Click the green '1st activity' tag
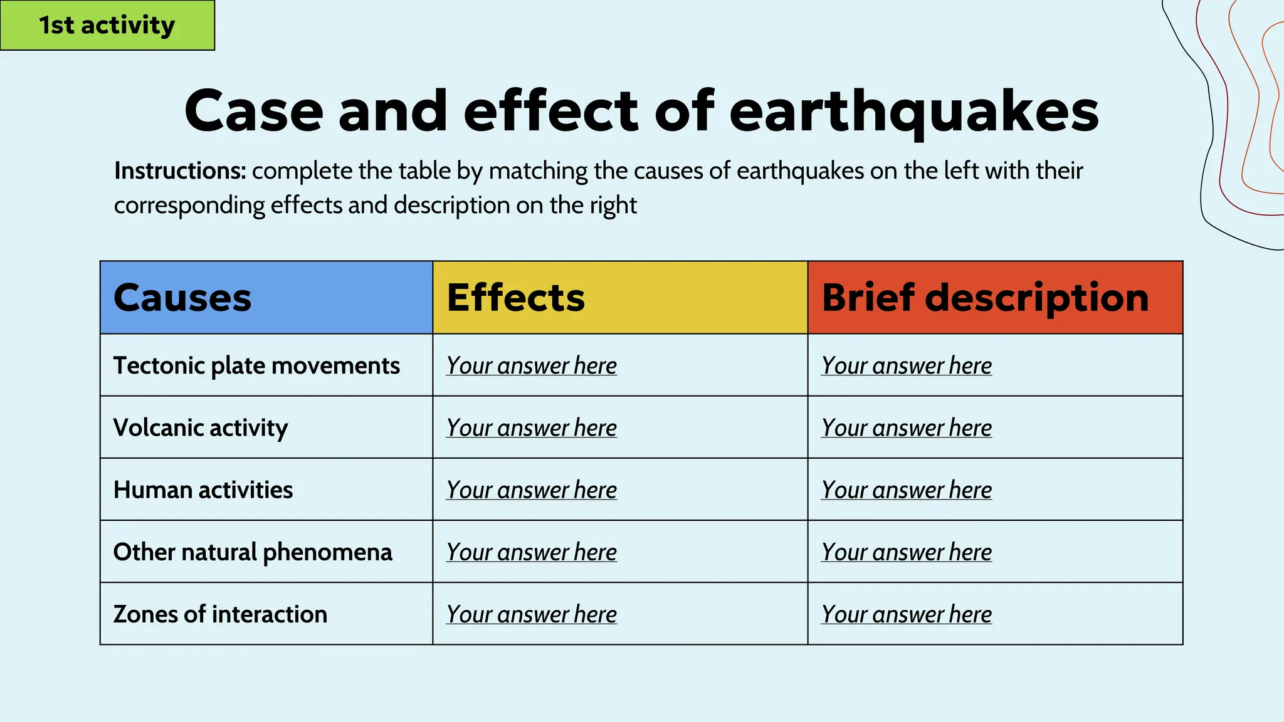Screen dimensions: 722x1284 pyautogui.click(x=107, y=25)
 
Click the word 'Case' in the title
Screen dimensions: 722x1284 pyautogui.click(x=253, y=111)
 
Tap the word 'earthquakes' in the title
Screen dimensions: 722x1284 pyautogui.click(x=913, y=111)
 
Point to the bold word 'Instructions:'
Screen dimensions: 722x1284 pyautogui.click(x=180, y=170)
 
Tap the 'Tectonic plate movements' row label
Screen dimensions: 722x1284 pyautogui.click(x=256, y=365)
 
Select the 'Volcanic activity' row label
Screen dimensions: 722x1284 pyautogui.click(x=201, y=427)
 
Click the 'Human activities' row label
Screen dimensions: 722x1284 pyautogui.click(x=203, y=489)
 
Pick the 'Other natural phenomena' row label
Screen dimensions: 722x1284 pyautogui.click(x=253, y=552)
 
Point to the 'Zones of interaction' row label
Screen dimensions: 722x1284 pyautogui.click(x=220, y=614)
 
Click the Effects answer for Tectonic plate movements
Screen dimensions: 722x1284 pyautogui.click(x=532, y=365)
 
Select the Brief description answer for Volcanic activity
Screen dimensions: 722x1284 pyautogui.click(x=907, y=427)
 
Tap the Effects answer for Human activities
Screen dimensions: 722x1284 pyautogui.click(x=532, y=489)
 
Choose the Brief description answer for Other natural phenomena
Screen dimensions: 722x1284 pyautogui.click(x=907, y=552)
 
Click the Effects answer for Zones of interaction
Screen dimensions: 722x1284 pyautogui.click(x=532, y=614)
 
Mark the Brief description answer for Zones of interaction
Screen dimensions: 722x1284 pyautogui.click(x=907, y=614)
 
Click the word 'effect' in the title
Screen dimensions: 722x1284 pyautogui.click(x=550, y=111)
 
